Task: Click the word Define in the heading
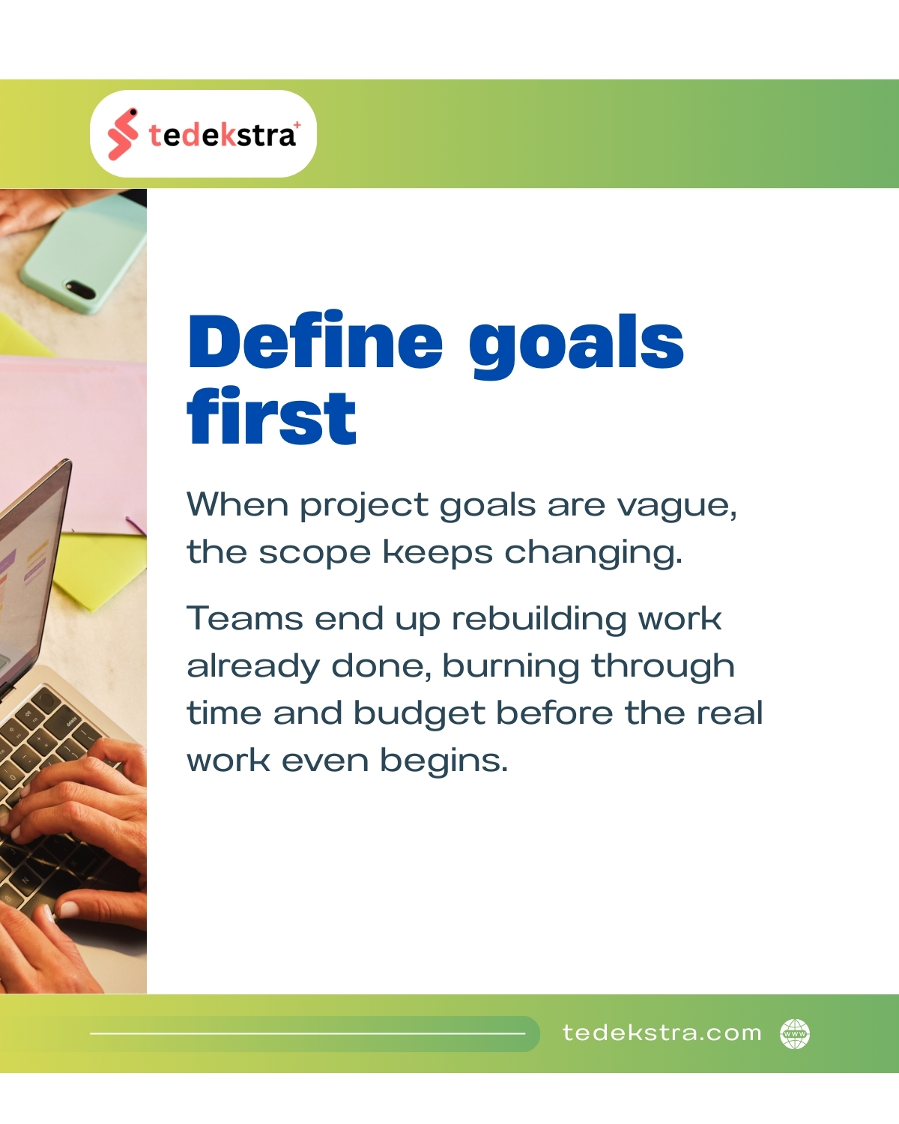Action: pos(315,342)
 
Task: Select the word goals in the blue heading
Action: pos(576,346)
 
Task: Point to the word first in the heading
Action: pos(272,417)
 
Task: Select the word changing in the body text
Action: pos(593,552)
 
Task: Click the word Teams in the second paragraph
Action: pos(244,618)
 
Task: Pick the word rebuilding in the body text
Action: pos(539,620)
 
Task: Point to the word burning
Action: pos(511,667)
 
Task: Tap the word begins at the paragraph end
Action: pos(444,761)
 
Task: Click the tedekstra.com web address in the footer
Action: pos(662,1033)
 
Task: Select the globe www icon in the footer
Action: pos(795,1033)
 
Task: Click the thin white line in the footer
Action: pos(308,1033)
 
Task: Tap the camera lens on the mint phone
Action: pos(79,288)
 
